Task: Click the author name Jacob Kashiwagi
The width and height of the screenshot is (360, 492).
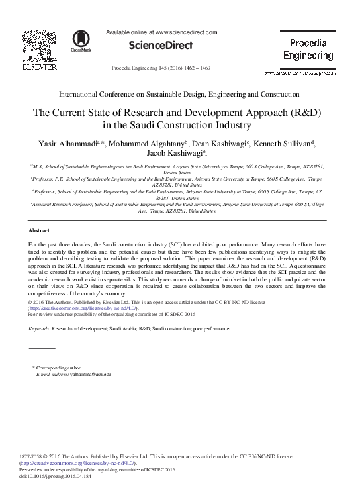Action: [178, 154]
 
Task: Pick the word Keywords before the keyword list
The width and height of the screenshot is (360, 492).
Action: [40, 328]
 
